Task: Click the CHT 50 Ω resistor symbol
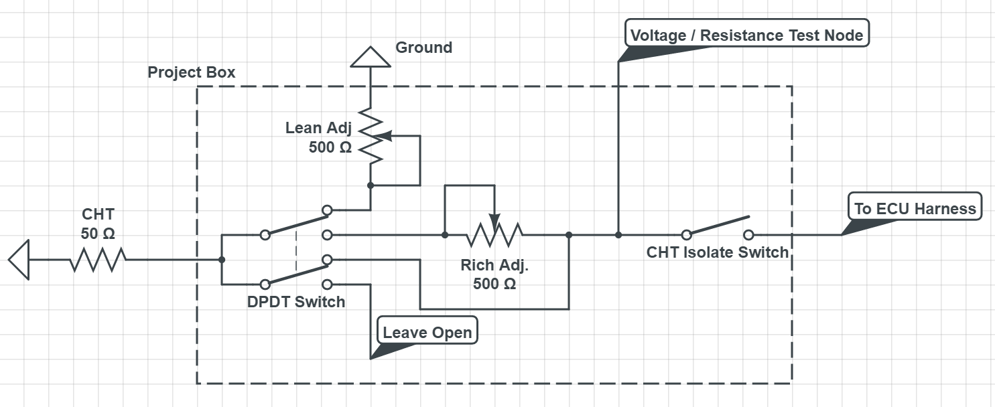98,260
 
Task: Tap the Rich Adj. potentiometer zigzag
494,235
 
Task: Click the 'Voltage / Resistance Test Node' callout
746,35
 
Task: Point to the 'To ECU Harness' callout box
915,208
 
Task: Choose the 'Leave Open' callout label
427,332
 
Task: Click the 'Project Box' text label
192,72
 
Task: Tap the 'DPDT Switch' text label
296,302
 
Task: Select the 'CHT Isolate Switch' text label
717,253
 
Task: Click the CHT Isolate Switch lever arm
718,226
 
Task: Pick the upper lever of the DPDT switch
295,223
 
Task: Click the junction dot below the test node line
618,235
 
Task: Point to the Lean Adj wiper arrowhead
385,137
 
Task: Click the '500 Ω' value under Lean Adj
330,148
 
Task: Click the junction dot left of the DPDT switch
222,260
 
